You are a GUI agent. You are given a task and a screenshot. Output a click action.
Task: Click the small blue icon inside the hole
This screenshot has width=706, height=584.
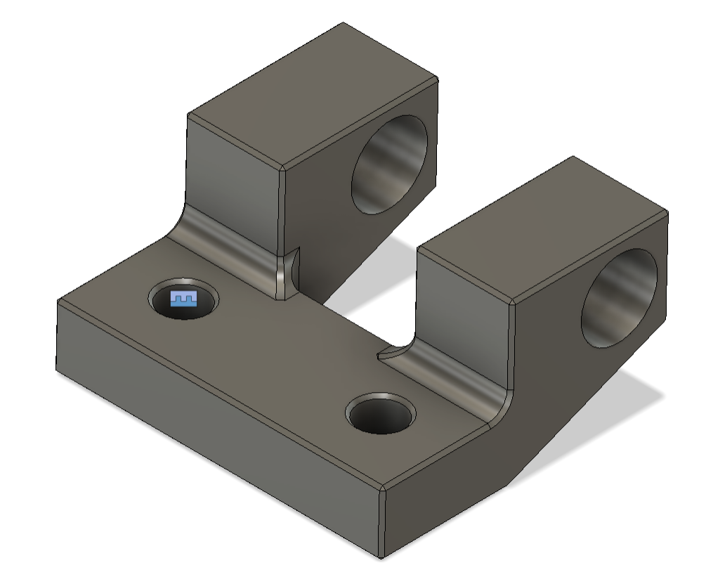click(184, 299)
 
